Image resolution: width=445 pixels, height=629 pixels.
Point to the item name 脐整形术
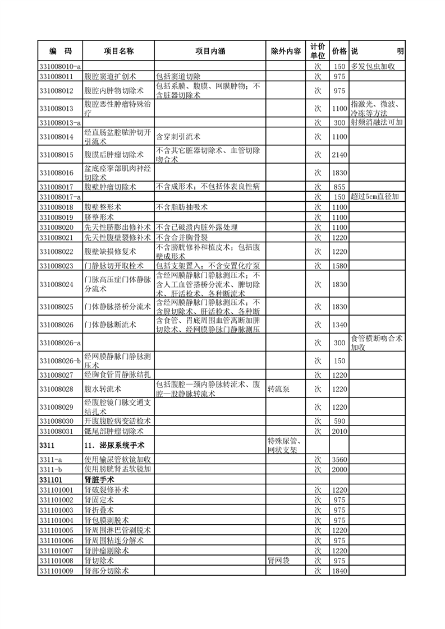(99, 217)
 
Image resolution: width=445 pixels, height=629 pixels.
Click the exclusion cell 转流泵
(279, 388)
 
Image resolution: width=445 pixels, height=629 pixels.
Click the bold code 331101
(51, 480)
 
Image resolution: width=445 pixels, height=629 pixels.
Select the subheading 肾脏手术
(99, 480)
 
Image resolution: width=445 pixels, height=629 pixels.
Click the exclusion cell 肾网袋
(279, 561)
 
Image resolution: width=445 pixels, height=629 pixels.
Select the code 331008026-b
(60, 360)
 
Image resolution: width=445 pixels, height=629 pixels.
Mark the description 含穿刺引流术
(178, 136)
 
